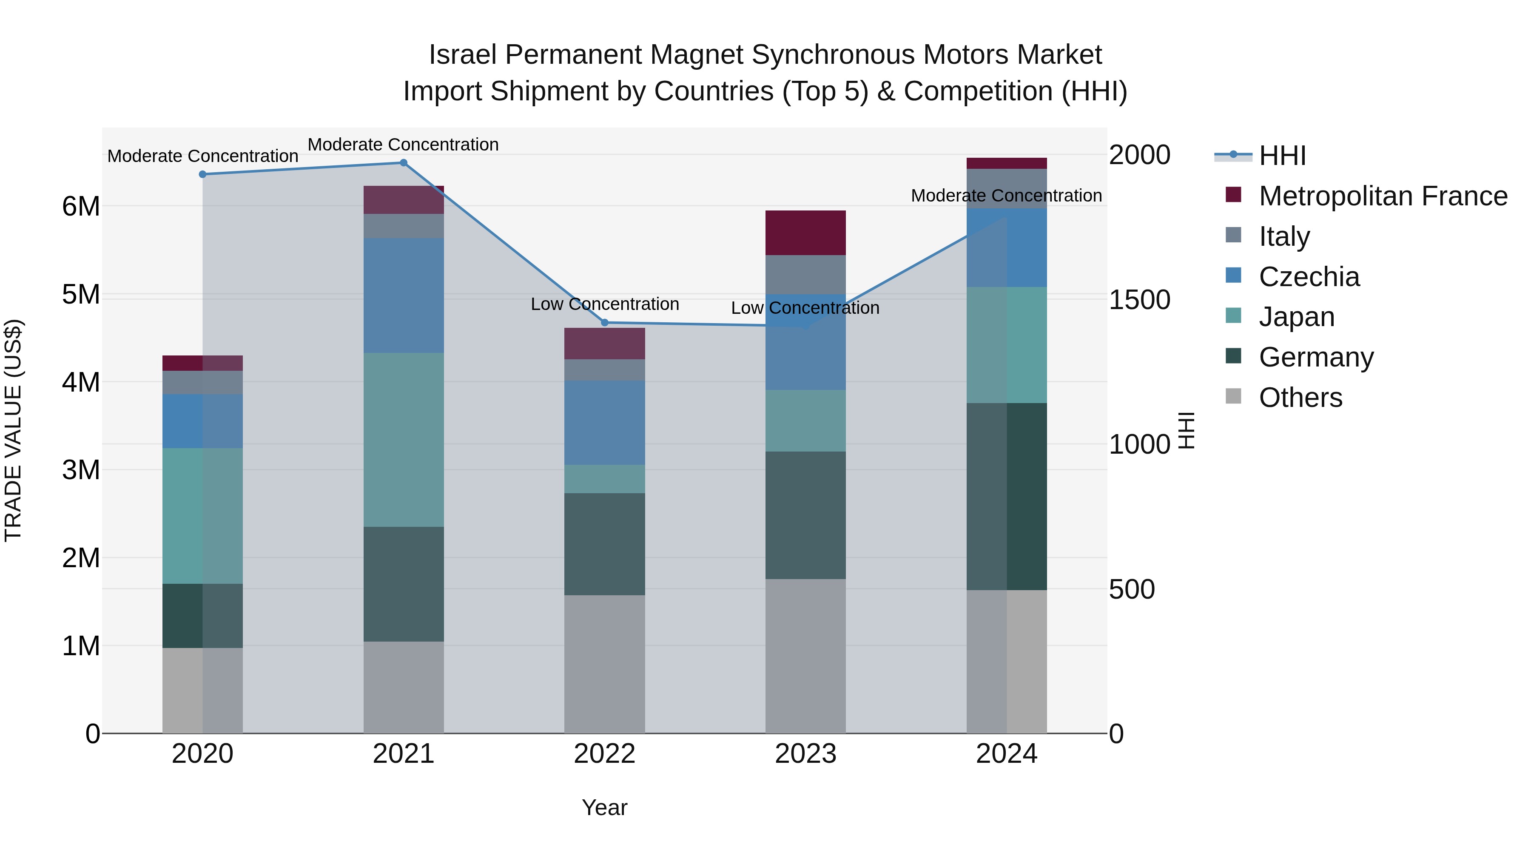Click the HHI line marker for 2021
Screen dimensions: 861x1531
(x=403, y=163)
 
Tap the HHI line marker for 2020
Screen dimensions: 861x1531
(x=203, y=174)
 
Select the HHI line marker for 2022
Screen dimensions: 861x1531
(x=605, y=323)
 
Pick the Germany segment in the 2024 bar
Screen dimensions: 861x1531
(x=1006, y=496)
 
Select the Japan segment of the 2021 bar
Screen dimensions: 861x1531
(x=404, y=440)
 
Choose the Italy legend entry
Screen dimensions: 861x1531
(x=1284, y=236)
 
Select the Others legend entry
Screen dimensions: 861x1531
(x=1300, y=398)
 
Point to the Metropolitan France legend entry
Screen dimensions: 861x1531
(x=1383, y=196)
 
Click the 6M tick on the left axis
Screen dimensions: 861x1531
(x=81, y=207)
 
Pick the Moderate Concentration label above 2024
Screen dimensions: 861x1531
(x=1006, y=196)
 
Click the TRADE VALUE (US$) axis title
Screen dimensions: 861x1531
(x=14, y=430)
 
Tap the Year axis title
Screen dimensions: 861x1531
(x=604, y=807)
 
